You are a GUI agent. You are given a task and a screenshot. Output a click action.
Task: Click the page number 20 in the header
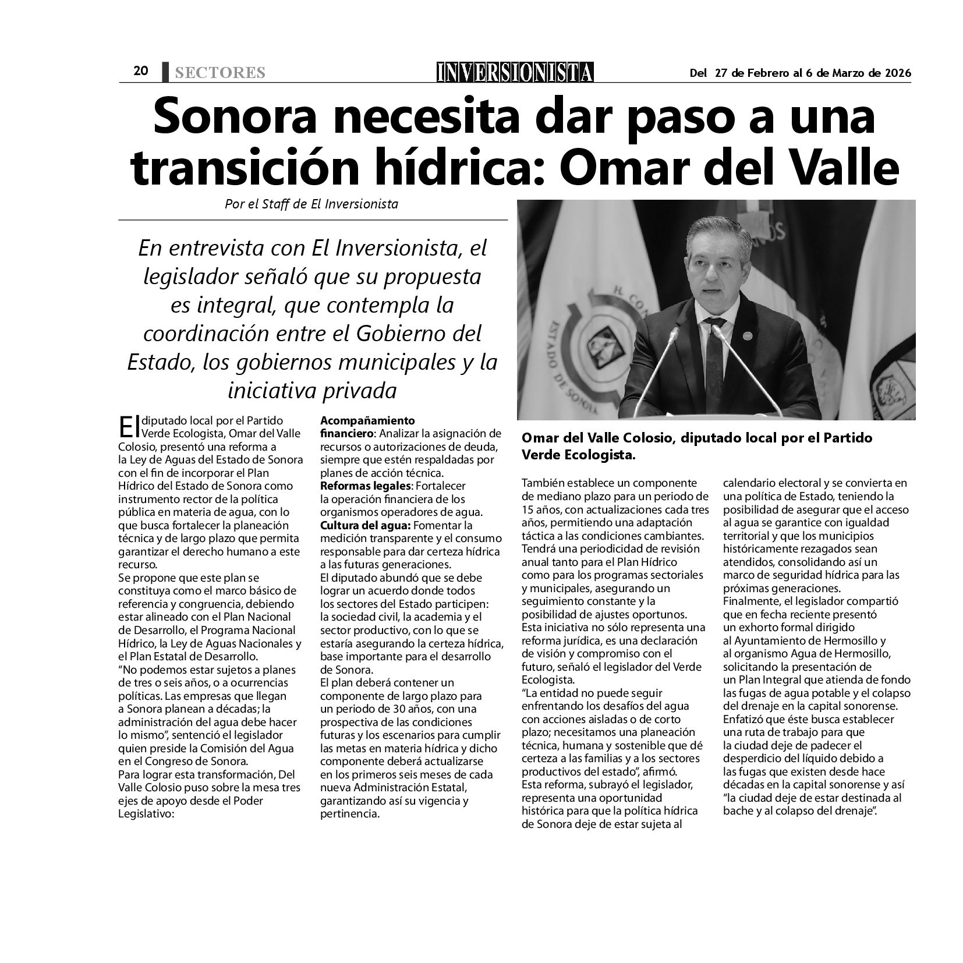point(141,71)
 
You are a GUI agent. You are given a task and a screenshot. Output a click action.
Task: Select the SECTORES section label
point(219,73)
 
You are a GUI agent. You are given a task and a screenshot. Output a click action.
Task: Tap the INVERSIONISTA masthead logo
point(515,72)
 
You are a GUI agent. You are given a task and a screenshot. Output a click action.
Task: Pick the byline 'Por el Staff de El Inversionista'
point(311,204)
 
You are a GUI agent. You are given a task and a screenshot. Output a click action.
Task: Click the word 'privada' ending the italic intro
point(362,390)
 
